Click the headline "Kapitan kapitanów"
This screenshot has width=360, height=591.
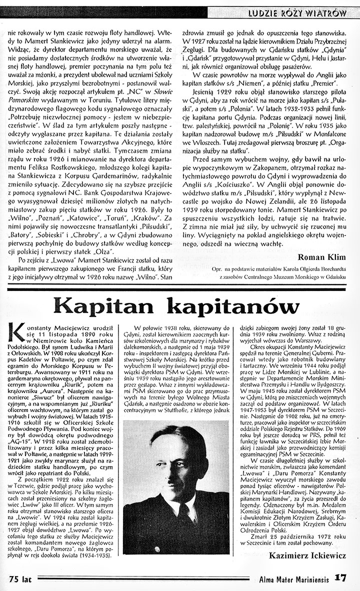click(176, 305)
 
